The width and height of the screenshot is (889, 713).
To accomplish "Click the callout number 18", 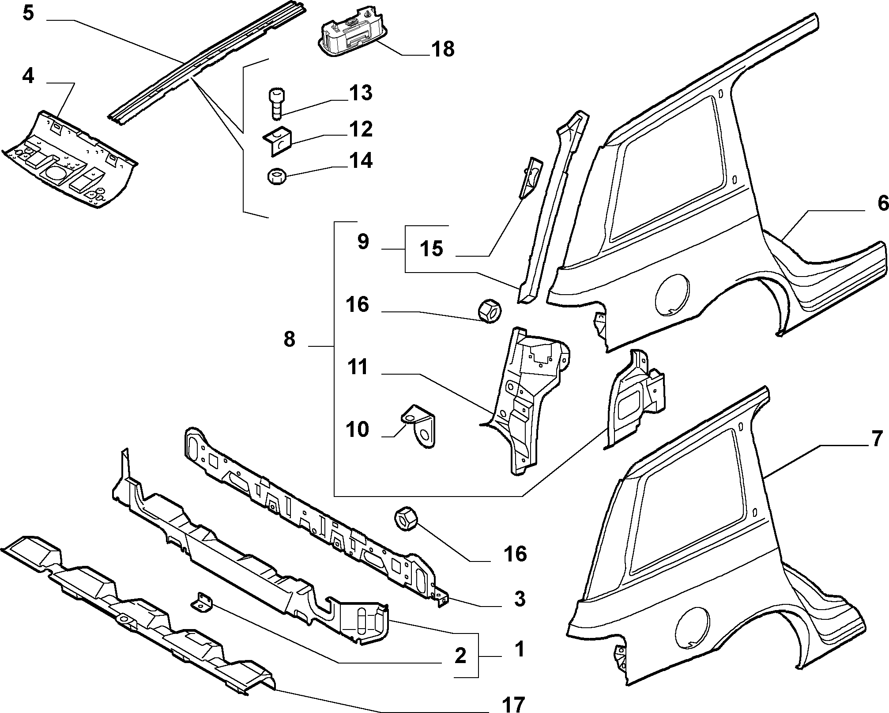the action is pyautogui.click(x=443, y=49).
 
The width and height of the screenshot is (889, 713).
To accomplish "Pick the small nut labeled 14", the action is pyautogui.click(x=277, y=178).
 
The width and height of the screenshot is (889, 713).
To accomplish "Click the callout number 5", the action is pyautogui.click(x=28, y=13).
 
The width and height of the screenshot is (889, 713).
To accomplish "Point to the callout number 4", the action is pyautogui.click(x=28, y=76).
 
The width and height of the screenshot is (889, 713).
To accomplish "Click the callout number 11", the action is pyautogui.click(x=358, y=368).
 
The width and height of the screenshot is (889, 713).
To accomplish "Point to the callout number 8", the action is pyautogui.click(x=289, y=340).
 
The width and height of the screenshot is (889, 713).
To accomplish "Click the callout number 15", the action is pyautogui.click(x=431, y=249).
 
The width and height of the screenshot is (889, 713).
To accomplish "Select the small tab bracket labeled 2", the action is pyautogui.click(x=202, y=603).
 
